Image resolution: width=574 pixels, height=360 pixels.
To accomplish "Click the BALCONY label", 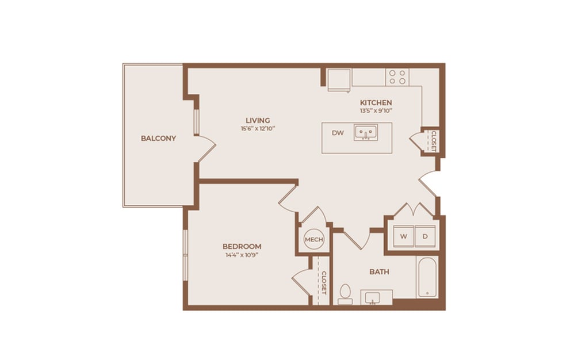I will tap(158, 139).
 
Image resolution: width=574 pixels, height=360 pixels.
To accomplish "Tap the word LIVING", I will tap(258, 120).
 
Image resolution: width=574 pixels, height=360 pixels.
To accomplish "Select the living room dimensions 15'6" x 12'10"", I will tap(258, 129).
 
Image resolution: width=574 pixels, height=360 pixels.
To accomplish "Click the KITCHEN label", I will tap(376, 102).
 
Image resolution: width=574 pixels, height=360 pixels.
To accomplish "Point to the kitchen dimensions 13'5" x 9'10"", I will tap(376, 110).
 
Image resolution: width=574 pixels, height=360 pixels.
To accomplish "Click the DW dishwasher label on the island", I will tap(338, 133).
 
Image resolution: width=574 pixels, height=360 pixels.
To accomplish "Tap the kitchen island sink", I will tap(365, 134).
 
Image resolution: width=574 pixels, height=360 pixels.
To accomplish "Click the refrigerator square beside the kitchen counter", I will tap(339, 80).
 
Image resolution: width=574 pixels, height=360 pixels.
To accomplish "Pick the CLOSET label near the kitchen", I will tap(433, 141).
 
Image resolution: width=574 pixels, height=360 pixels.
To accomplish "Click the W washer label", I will tap(403, 236).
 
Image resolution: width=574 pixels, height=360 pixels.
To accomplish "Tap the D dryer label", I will tap(425, 236).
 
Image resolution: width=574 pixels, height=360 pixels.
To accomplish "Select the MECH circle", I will tap(314, 239).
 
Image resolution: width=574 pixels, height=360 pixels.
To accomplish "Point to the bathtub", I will tap(427, 278).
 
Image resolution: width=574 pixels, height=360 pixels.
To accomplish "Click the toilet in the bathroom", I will tap(345, 293).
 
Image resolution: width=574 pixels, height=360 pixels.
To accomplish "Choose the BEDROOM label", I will tap(242, 246).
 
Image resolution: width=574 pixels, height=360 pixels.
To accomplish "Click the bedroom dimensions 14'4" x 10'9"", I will tap(242, 255).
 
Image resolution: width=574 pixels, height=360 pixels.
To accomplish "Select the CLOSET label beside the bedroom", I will tap(324, 282).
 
